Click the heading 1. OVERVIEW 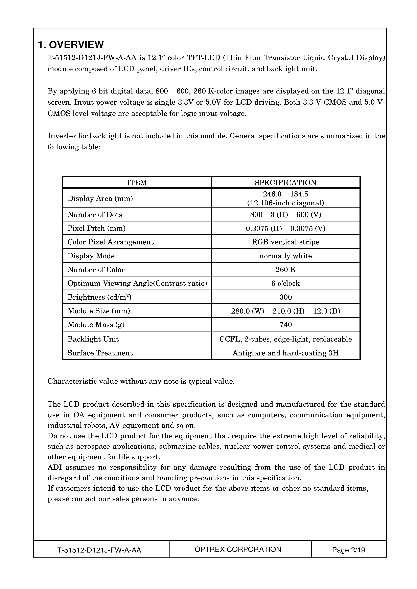click(71, 45)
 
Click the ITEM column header click(137, 183)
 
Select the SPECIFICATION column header click(285, 183)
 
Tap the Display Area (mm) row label click(100, 198)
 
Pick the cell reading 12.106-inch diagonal click(285, 203)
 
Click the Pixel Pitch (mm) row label click(97, 228)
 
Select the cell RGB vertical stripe click(285, 242)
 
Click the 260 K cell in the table click(285, 270)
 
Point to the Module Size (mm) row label click(99, 311)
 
